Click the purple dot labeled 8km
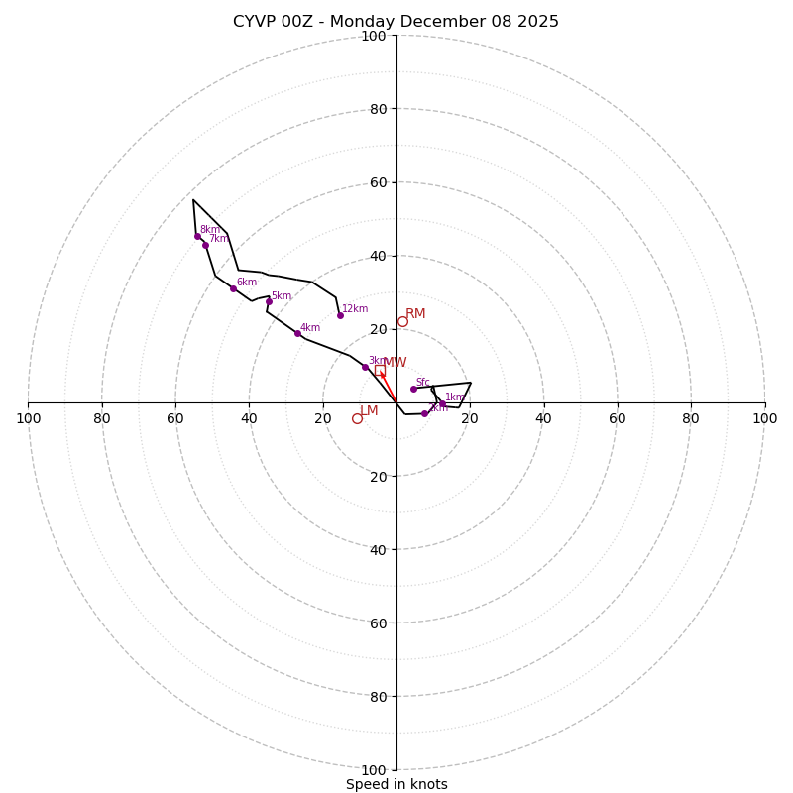[x=197, y=236]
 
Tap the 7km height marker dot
[x=205, y=245]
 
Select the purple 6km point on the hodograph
[x=233, y=288]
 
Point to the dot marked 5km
[x=268, y=301]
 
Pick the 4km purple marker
[x=297, y=333]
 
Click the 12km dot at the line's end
[x=340, y=315]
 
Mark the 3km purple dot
[x=365, y=367]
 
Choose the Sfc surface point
[x=413, y=389]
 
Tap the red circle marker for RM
[x=402, y=321]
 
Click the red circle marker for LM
[x=357, y=418]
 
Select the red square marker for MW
[x=380, y=370]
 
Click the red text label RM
[x=415, y=314]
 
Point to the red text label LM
[x=369, y=410]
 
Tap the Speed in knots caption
[x=396, y=784]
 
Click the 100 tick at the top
[x=374, y=36]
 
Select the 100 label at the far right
[x=764, y=418]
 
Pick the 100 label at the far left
[x=28, y=418]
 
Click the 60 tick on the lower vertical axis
[x=379, y=623]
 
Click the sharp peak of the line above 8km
[x=193, y=200]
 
